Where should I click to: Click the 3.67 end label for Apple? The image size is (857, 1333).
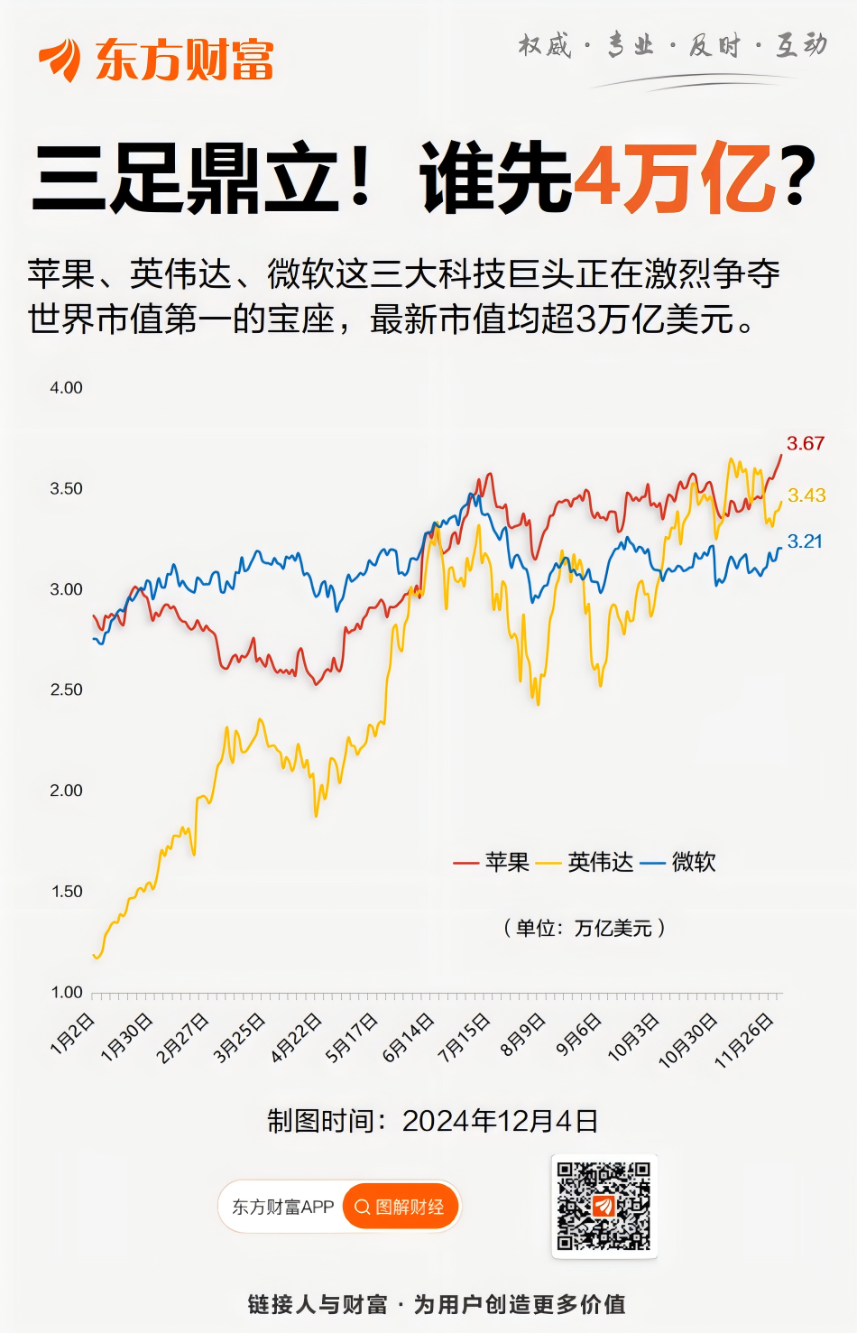point(805,443)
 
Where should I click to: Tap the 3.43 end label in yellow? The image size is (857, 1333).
point(806,495)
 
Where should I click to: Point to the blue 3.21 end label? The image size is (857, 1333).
point(805,542)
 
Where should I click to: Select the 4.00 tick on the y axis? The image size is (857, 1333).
point(66,388)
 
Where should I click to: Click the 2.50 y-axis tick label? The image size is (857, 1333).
point(66,690)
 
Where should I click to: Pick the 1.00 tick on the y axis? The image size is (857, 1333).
point(66,992)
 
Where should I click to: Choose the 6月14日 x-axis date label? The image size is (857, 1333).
point(409,1038)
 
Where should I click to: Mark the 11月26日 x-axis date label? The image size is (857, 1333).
point(744,1041)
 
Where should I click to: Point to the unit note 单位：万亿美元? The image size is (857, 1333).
point(584,928)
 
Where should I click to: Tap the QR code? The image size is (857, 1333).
point(604,1206)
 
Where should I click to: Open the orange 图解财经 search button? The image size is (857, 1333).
point(401,1207)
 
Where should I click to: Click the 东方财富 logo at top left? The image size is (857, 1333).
point(156,60)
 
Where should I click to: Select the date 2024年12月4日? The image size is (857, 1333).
point(500,1121)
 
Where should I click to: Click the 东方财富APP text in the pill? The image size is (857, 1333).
point(282,1207)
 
